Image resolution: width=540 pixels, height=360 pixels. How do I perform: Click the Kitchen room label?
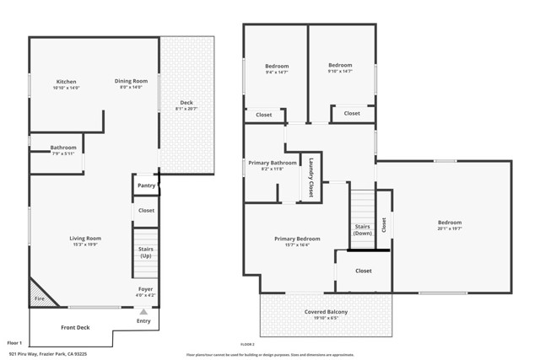tap(67, 81)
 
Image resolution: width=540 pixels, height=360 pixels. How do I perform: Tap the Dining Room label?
tap(131, 81)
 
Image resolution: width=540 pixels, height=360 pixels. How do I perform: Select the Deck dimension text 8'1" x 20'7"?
tap(186, 109)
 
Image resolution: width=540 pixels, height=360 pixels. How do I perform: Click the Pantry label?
tap(146, 185)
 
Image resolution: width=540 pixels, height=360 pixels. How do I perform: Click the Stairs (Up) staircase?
tap(146, 251)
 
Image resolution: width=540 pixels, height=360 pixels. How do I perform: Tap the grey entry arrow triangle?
tap(143, 311)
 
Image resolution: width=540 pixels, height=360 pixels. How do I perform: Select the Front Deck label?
tap(75, 327)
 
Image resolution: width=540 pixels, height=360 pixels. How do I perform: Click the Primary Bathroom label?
tap(272, 162)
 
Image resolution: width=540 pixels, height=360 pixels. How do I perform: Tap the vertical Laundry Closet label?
tap(311, 178)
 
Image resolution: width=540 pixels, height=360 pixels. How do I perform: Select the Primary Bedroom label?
tap(297, 239)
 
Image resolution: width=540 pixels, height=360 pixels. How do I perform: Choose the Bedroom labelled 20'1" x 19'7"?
tap(450, 223)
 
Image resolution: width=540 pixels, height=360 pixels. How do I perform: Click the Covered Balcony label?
tap(326, 312)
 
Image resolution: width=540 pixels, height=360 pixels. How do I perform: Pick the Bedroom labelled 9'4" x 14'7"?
tap(277, 66)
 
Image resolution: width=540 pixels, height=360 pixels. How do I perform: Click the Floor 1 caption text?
tap(14, 343)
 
